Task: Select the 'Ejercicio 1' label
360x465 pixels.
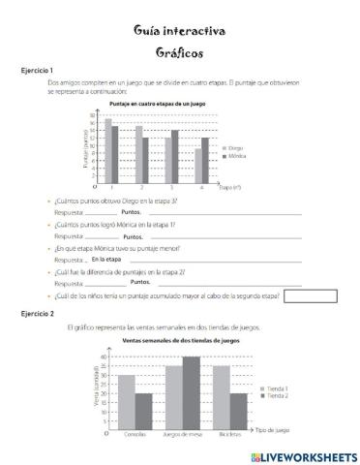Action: [36, 71]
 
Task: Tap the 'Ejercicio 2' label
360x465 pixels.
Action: [36, 315]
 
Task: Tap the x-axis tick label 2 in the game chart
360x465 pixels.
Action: [142, 186]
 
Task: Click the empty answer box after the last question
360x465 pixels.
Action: [311, 294]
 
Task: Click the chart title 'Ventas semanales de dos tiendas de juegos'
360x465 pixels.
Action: [181, 341]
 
